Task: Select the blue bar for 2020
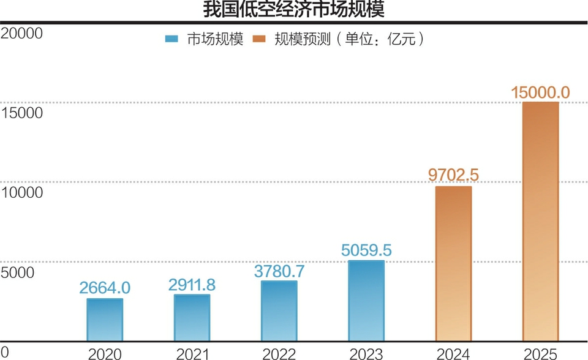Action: click(x=104, y=320)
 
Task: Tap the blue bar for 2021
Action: click(x=192, y=318)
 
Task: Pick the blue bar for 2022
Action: click(x=279, y=311)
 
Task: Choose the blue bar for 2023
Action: click(x=366, y=301)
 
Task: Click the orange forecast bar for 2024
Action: click(x=453, y=263)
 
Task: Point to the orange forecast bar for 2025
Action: click(x=541, y=221)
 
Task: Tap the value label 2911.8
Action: click(x=192, y=284)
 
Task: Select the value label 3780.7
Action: click(x=279, y=270)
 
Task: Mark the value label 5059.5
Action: click(x=366, y=250)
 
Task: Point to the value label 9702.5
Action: click(x=453, y=175)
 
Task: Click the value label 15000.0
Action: click(x=541, y=92)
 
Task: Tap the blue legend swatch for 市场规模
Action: click(x=172, y=39)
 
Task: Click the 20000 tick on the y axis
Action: click(x=21, y=33)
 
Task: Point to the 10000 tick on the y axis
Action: click(x=21, y=192)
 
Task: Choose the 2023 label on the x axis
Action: click(x=366, y=353)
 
